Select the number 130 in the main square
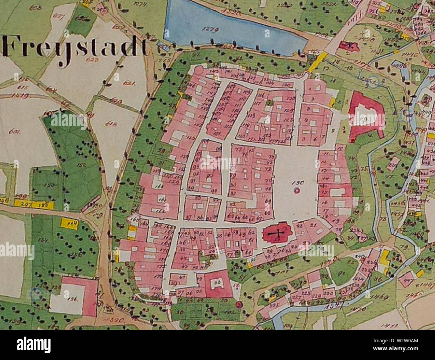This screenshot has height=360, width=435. click(x=297, y=183)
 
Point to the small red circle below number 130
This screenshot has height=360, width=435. click(x=296, y=191)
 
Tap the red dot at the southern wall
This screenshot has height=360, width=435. click(x=239, y=304)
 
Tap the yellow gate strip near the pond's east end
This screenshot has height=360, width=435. click(x=316, y=62)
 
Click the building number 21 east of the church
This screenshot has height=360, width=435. click(x=313, y=226)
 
